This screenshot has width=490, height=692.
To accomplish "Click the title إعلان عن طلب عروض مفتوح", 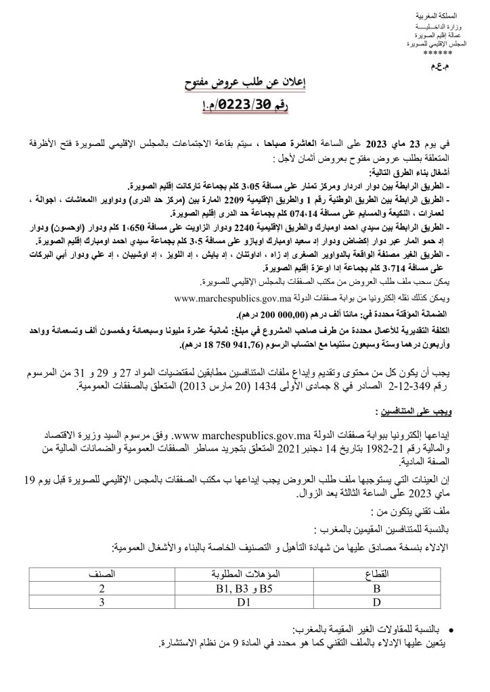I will pyautogui.click(x=244, y=84).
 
